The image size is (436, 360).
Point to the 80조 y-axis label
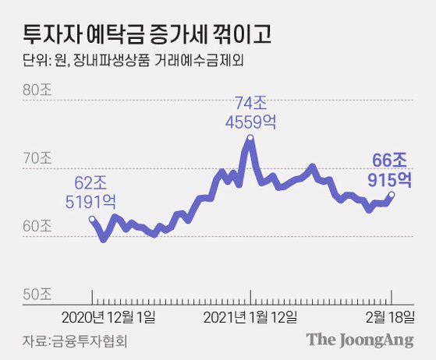(x=37, y=89)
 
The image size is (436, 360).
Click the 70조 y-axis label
(x=37, y=157)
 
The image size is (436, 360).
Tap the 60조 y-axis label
(x=37, y=226)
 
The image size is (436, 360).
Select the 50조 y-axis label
(x=37, y=295)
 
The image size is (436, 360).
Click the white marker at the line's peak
(x=250, y=139)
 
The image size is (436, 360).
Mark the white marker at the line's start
(x=93, y=221)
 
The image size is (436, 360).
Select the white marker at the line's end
(x=391, y=195)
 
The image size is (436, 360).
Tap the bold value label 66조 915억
(x=389, y=170)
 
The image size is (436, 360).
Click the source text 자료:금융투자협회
(x=74, y=341)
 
